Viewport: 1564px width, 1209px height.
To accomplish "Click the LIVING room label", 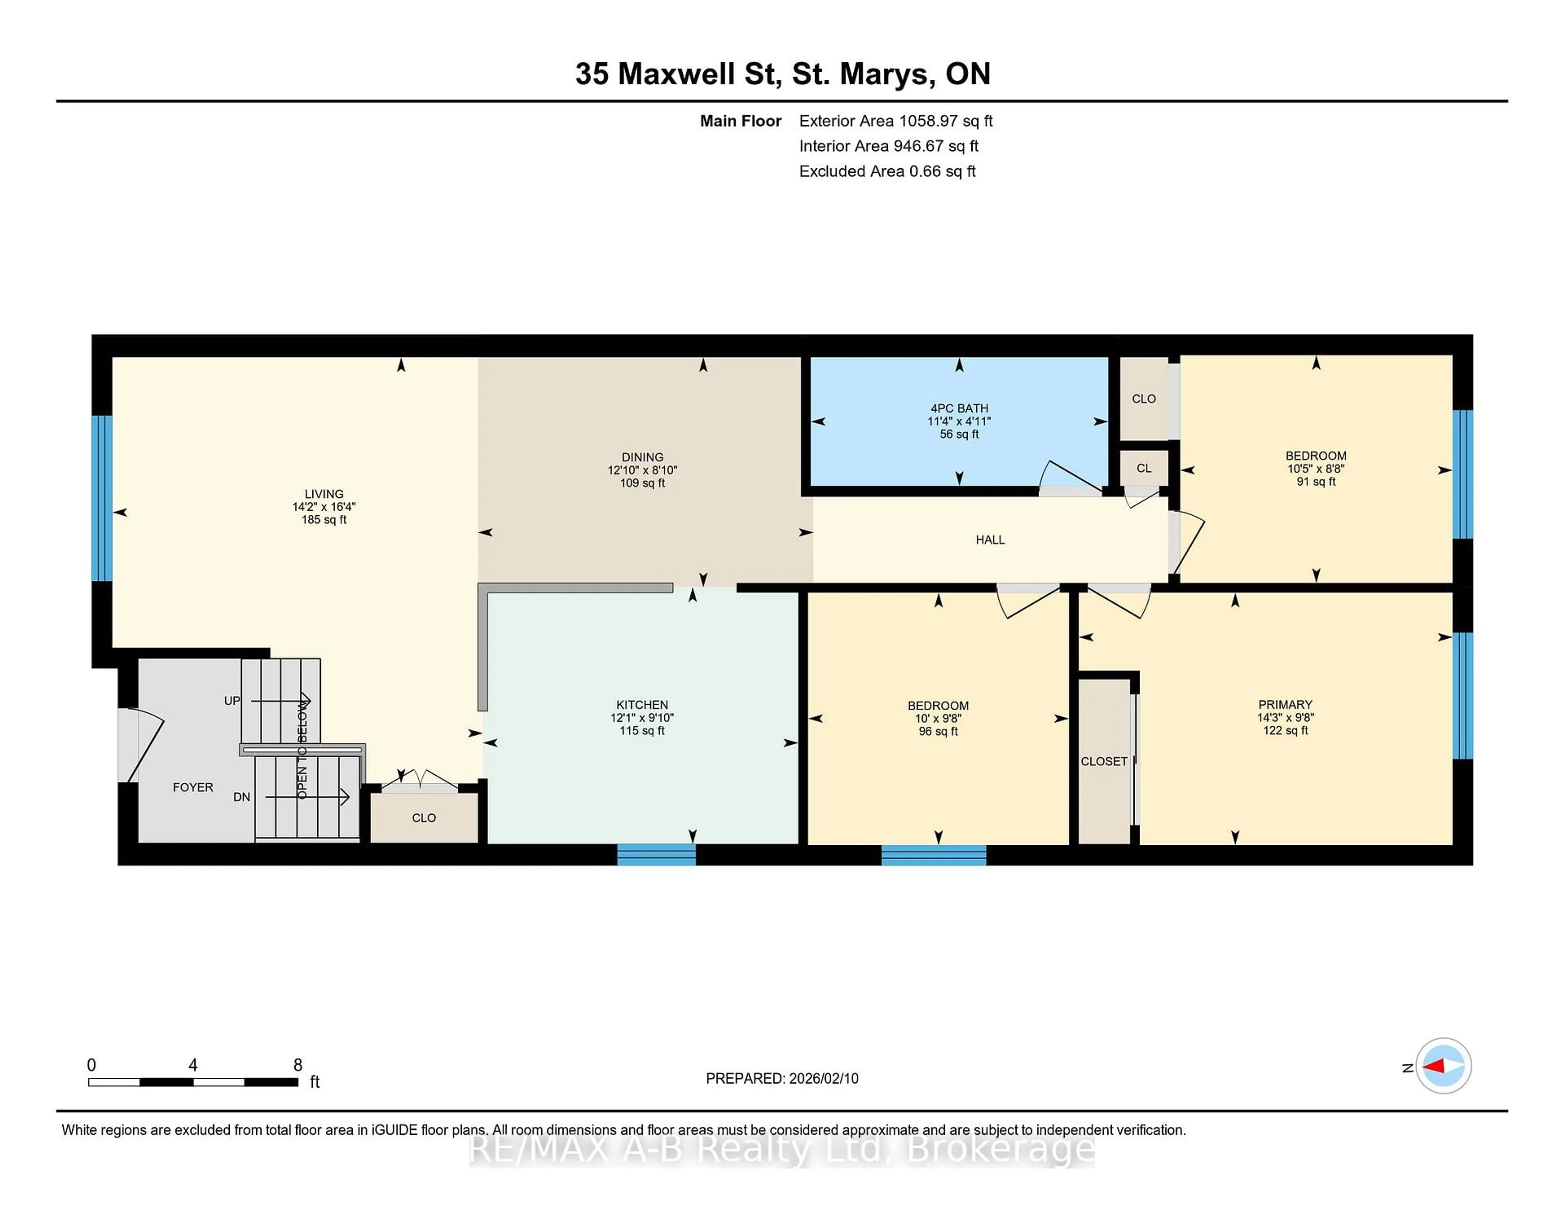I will coord(324,493).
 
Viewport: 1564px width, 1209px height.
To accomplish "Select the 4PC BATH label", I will coord(959,408).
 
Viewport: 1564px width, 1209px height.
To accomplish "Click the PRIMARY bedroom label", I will coord(1285,704).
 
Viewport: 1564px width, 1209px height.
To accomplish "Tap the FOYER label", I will coord(193,787).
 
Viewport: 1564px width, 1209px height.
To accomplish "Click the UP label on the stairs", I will coord(232,701).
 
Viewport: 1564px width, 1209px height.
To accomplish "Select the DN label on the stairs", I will coord(242,796).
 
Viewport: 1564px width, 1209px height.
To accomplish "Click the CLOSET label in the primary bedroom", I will coord(1103,761).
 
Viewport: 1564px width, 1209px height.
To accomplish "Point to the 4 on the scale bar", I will coord(193,1065).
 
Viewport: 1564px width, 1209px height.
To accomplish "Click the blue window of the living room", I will coord(102,498).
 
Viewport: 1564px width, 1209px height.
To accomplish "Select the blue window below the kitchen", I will coord(656,855).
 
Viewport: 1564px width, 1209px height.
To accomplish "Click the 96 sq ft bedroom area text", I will coord(938,731).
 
